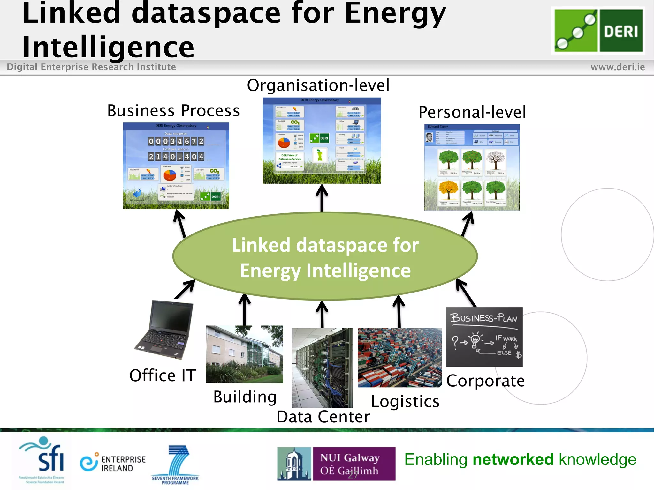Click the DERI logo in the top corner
click(x=598, y=31)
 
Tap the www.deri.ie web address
click(x=617, y=67)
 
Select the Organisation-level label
click(x=318, y=85)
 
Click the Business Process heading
click(x=173, y=111)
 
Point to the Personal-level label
click(x=472, y=112)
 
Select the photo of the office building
click(x=244, y=354)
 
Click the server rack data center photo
click(x=322, y=367)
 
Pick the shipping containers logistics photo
click(x=399, y=357)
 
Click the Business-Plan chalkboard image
click(x=484, y=337)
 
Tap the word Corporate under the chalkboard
click(x=485, y=381)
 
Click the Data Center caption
click(x=323, y=417)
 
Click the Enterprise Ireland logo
click(x=113, y=463)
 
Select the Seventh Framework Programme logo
click(x=176, y=464)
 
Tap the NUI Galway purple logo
click(x=354, y=463)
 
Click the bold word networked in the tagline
click(x=513, y=460)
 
